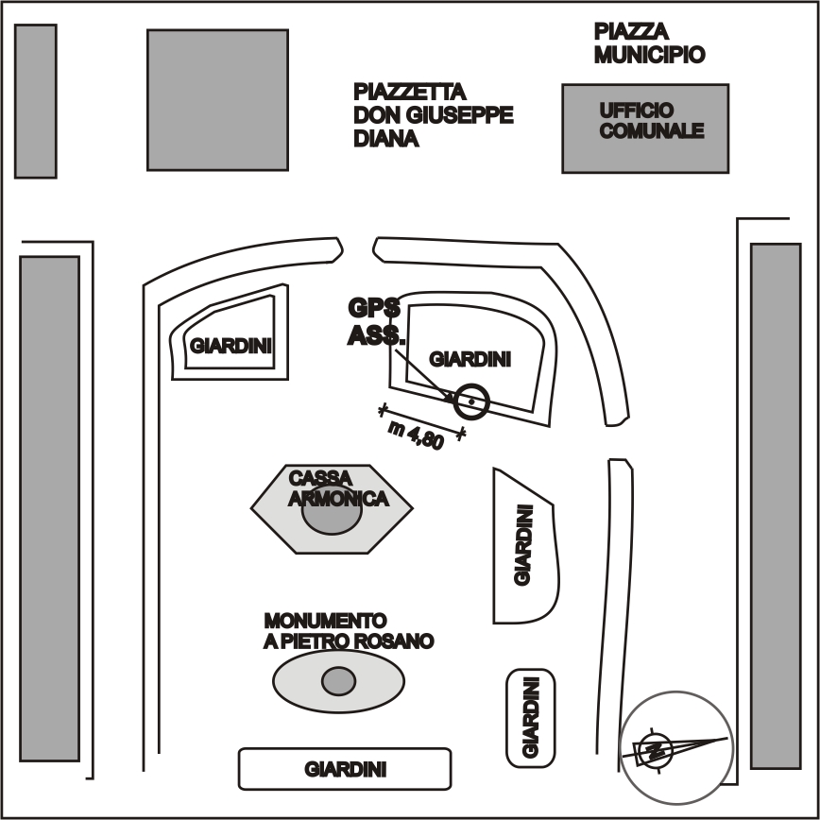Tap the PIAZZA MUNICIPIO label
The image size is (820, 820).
pos(649,43)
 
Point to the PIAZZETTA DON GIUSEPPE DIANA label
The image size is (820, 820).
pos(433,115)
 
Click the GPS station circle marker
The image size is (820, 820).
pos(470,401)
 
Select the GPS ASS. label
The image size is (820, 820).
pos(376,320)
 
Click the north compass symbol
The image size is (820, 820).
pos(676,747)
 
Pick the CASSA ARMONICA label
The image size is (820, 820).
pos(337,487)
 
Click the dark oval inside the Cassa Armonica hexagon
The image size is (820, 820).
pos(331,516)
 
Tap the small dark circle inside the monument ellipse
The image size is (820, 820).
pos(338,680)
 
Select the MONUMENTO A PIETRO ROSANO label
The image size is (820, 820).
pos(348,631)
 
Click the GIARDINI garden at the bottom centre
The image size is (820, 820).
pos(345,769)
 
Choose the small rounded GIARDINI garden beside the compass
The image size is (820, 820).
pos(530,718)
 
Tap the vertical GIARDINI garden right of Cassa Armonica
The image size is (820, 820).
pos(523,545)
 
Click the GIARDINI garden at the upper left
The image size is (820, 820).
pos(231,344)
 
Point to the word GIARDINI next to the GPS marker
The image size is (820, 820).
pos(470,359)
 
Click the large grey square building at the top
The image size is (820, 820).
pos(217,99)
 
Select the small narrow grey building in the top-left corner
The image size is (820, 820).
pos(36,101)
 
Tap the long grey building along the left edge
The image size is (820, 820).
pos(49,507)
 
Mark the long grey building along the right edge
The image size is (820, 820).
pos(775,505)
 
